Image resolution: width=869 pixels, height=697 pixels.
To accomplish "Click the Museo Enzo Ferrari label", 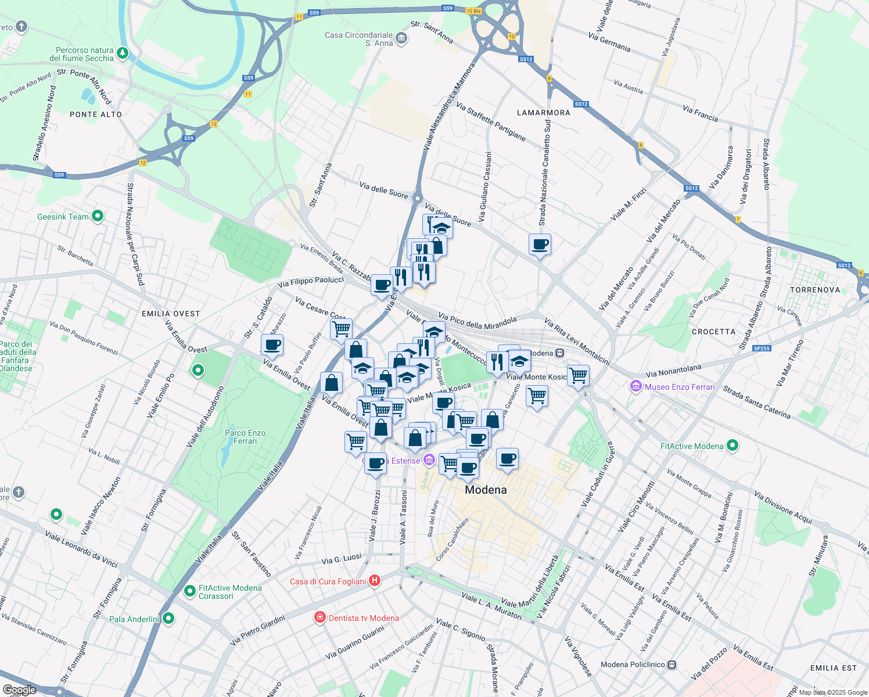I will pos(680,387).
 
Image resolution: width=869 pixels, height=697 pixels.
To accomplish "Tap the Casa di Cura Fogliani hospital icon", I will pos(375,581).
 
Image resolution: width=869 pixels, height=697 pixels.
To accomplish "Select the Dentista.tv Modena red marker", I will pos(319,617).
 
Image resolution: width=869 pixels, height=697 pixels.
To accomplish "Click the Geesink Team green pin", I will pos(98,217).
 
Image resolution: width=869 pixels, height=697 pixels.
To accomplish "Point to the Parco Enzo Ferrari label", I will pos(245,437).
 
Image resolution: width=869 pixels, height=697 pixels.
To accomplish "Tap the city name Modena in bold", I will pos(486,490).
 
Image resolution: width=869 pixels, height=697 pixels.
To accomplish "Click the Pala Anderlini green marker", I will pos(168,619).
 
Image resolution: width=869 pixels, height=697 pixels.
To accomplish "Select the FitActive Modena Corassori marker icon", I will pos(189,591).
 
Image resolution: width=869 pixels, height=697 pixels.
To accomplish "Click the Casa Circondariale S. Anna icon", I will pos(401,39).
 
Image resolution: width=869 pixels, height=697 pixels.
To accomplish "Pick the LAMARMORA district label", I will pos(544,113).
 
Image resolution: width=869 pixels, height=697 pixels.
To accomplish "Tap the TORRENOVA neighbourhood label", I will pos(815,290).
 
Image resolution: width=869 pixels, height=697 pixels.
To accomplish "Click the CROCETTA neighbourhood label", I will pos(714,332).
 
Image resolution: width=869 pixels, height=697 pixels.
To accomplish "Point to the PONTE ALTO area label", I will pos(96,114).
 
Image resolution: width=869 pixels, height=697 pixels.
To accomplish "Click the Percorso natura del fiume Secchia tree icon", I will pos(123,54).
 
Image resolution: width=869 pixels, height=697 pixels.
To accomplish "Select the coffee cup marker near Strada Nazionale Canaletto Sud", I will pos(540,245).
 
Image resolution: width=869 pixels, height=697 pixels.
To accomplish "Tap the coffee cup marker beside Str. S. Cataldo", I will pos(272,345).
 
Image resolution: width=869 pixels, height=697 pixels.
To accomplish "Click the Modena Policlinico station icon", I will pos(672,664).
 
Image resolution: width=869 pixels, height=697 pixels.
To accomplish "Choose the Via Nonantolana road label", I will pos(673,371).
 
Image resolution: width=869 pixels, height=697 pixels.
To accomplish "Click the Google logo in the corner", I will pos(19,690).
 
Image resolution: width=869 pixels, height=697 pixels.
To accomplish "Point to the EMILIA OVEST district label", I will pos(171,314).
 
